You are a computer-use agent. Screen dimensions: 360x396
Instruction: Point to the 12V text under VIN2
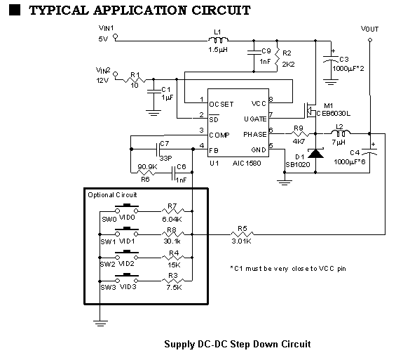point(103,80)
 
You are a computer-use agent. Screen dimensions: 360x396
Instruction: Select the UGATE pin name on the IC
point(254,118)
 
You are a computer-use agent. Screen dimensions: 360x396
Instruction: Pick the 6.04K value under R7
point(172,220)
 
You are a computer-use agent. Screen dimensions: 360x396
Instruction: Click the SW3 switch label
point(108,287)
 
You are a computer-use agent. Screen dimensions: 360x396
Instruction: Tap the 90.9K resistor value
point(147,166)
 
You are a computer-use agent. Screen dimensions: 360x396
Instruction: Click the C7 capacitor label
point(165,144)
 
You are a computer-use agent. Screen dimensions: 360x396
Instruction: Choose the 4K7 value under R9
point(299,140)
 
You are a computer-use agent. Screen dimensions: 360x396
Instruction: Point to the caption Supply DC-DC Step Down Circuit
point(237,344)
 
